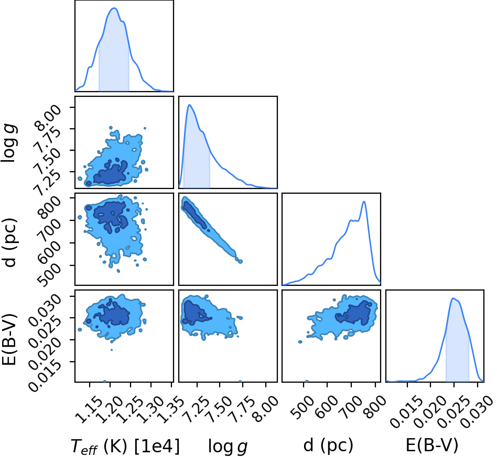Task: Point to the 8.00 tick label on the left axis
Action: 48,116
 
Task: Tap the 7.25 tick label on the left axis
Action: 48,181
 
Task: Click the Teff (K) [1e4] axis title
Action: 125,446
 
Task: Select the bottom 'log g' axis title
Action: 228,447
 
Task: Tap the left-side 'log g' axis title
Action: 9,143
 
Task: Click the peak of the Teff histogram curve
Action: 114,8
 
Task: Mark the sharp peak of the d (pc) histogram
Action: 364,202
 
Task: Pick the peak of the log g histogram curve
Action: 190,105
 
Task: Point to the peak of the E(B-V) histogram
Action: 453,298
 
